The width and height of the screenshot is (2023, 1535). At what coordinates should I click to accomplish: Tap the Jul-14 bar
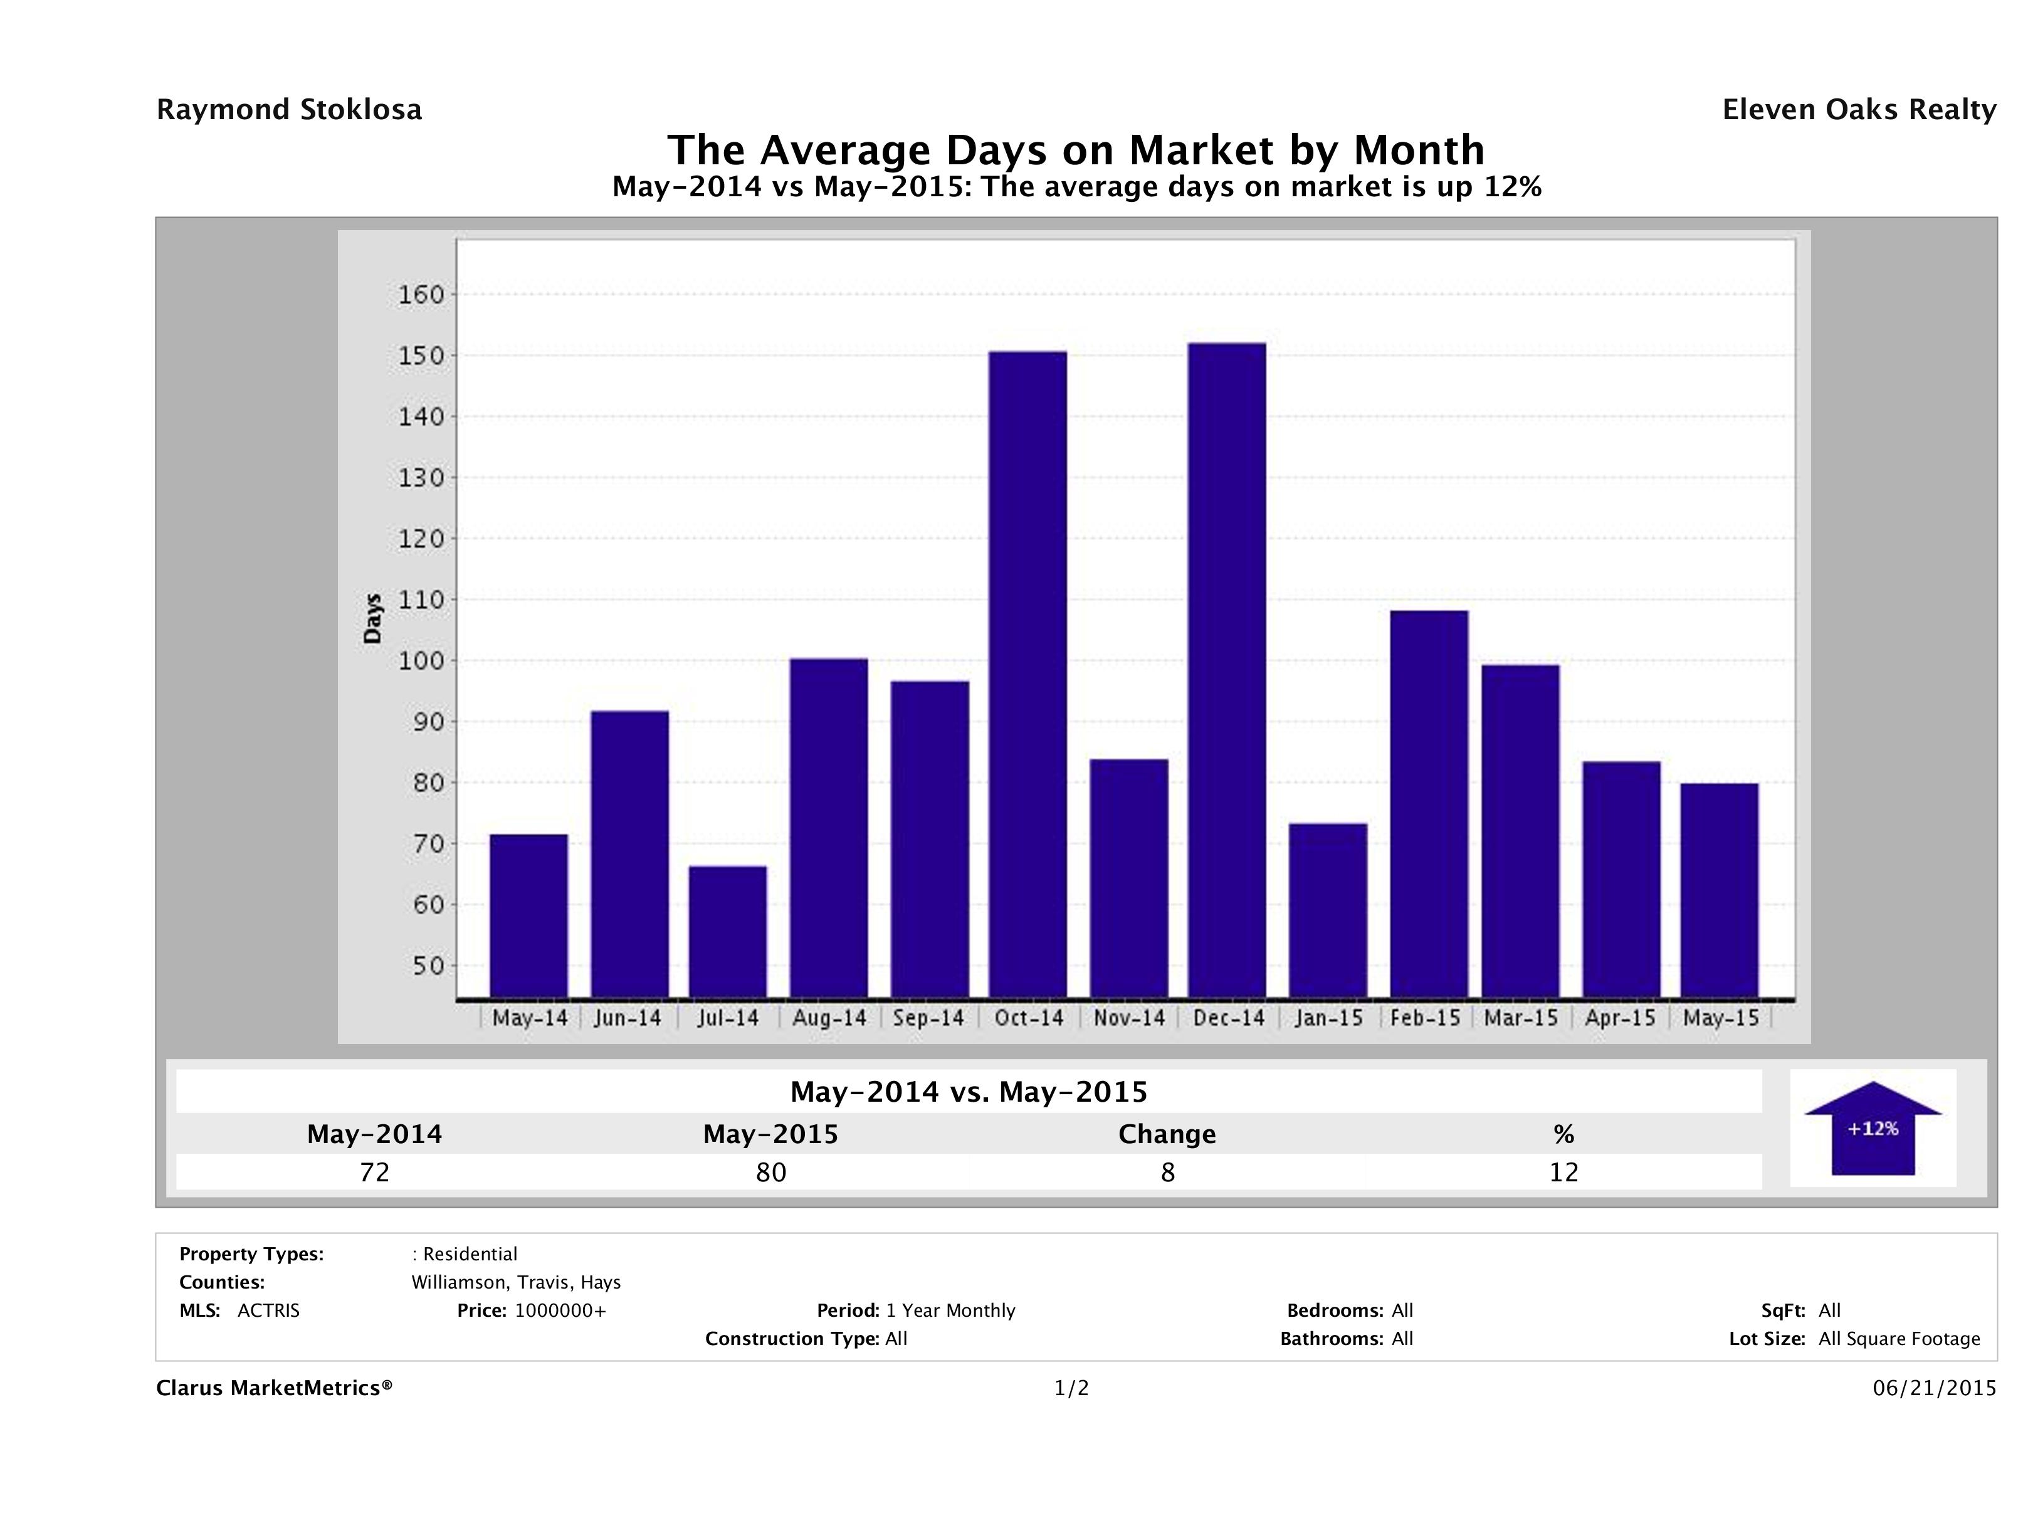click(727, 931)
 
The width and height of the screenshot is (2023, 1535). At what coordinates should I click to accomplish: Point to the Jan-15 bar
click(1327, 910)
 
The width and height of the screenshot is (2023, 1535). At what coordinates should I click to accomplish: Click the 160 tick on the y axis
click(421, 295)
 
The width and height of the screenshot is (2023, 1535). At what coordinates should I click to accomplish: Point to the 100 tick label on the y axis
click(421, 660)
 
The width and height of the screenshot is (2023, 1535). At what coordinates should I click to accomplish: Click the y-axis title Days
click(372, 618)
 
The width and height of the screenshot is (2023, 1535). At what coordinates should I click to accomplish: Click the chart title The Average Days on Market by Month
click(1076, 149)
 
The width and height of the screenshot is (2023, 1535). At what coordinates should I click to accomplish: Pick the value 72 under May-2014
click(375, 1172)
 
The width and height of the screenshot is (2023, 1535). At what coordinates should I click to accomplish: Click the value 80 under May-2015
click(771, 1172)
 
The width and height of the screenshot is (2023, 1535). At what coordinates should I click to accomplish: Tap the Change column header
click(1167, 1134)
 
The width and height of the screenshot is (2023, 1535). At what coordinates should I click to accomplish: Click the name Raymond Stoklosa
click(289, 110)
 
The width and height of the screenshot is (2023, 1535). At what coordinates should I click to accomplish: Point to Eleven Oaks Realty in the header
click(1858, 110)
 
